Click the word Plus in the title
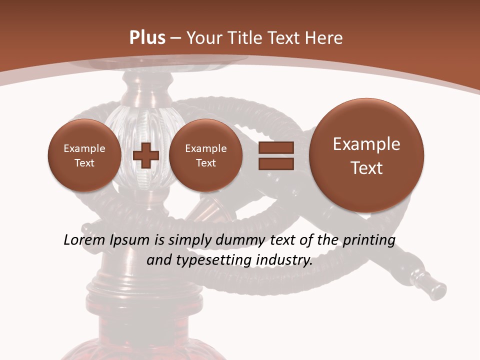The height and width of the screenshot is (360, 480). pyautogui.click(x=147, y=38)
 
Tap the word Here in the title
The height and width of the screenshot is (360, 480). pyautogui.click(x=323, y=38)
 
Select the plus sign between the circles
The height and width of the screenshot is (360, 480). pyautogui.click(x=145, y=155)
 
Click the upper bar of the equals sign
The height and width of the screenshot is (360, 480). pyautogui.click(x=276, y=147)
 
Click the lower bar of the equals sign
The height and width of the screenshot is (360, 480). pyautogui.click(x=276, y=164)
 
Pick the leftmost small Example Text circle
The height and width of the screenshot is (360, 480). pyautogui.click(x=84, y=155)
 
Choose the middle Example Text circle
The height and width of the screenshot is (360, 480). pyautogui.click(x=205, y=155)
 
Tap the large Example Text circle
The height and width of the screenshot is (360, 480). pyautogui.click(x=366, y=155)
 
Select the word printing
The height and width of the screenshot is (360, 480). pyautogui.click(x=368, y=240)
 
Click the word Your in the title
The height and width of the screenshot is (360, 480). pyautogui.click(x=204, y=38)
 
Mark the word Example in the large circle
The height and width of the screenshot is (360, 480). pyautogui.click(x=366, y=144)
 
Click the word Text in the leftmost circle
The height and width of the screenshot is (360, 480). pyautogui.click(x=84, y=163)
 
